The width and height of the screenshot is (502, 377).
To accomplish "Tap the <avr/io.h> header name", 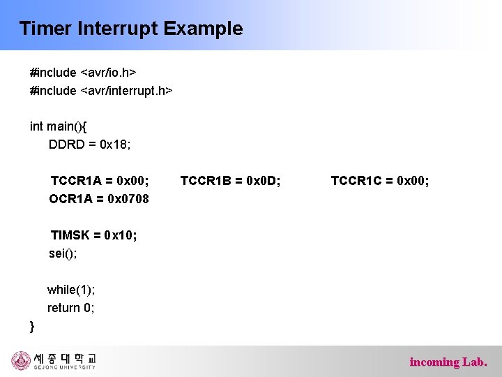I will [109, 73].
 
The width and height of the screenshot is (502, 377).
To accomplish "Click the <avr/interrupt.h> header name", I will [127, 91].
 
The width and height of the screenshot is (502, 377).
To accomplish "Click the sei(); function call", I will [63, 253].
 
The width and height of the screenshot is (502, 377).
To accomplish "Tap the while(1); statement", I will [71, 290].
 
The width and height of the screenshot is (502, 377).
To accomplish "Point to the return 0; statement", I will [70, 308].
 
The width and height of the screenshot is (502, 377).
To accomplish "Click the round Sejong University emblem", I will [21, 361].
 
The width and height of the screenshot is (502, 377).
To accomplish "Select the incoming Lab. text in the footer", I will [448, 362].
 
